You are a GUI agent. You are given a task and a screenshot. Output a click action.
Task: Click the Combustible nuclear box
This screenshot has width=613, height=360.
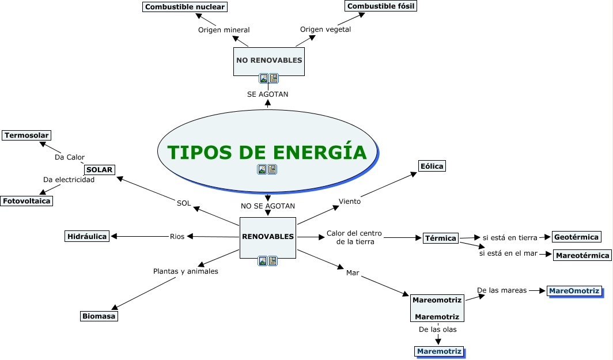185,7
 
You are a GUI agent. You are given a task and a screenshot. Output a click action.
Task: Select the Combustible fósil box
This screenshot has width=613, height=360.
380,6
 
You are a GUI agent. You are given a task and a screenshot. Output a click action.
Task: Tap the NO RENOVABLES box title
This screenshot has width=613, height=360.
268,60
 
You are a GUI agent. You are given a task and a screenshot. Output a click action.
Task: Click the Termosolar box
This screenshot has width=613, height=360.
27,135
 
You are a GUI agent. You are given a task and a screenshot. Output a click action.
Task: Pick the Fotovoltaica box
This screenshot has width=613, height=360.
27,201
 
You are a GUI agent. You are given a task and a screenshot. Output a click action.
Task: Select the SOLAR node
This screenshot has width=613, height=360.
100,170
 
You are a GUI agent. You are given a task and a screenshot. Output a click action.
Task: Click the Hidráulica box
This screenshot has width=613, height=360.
87,236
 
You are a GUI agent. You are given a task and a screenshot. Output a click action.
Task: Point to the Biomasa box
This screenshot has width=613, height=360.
99,316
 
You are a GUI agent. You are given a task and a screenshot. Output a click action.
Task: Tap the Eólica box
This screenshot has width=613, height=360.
432,166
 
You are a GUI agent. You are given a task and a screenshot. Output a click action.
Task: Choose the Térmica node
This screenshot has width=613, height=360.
441,238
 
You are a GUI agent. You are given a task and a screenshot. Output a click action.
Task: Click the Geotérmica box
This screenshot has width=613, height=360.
577,237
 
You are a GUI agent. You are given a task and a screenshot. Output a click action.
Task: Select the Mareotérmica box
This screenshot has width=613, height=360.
582,255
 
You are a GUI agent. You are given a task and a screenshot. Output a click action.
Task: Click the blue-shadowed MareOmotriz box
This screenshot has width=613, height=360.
574,291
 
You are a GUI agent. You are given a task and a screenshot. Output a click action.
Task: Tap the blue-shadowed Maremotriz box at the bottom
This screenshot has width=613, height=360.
439,351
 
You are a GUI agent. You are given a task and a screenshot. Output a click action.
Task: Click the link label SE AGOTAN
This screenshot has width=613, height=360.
267,94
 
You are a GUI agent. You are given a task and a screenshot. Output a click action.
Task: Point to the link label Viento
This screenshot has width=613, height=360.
350,201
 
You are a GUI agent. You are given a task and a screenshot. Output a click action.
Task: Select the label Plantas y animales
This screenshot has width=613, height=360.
186,271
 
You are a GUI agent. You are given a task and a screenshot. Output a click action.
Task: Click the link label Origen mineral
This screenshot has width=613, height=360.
224,30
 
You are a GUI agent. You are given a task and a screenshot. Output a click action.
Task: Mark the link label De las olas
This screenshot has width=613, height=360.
437,329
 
